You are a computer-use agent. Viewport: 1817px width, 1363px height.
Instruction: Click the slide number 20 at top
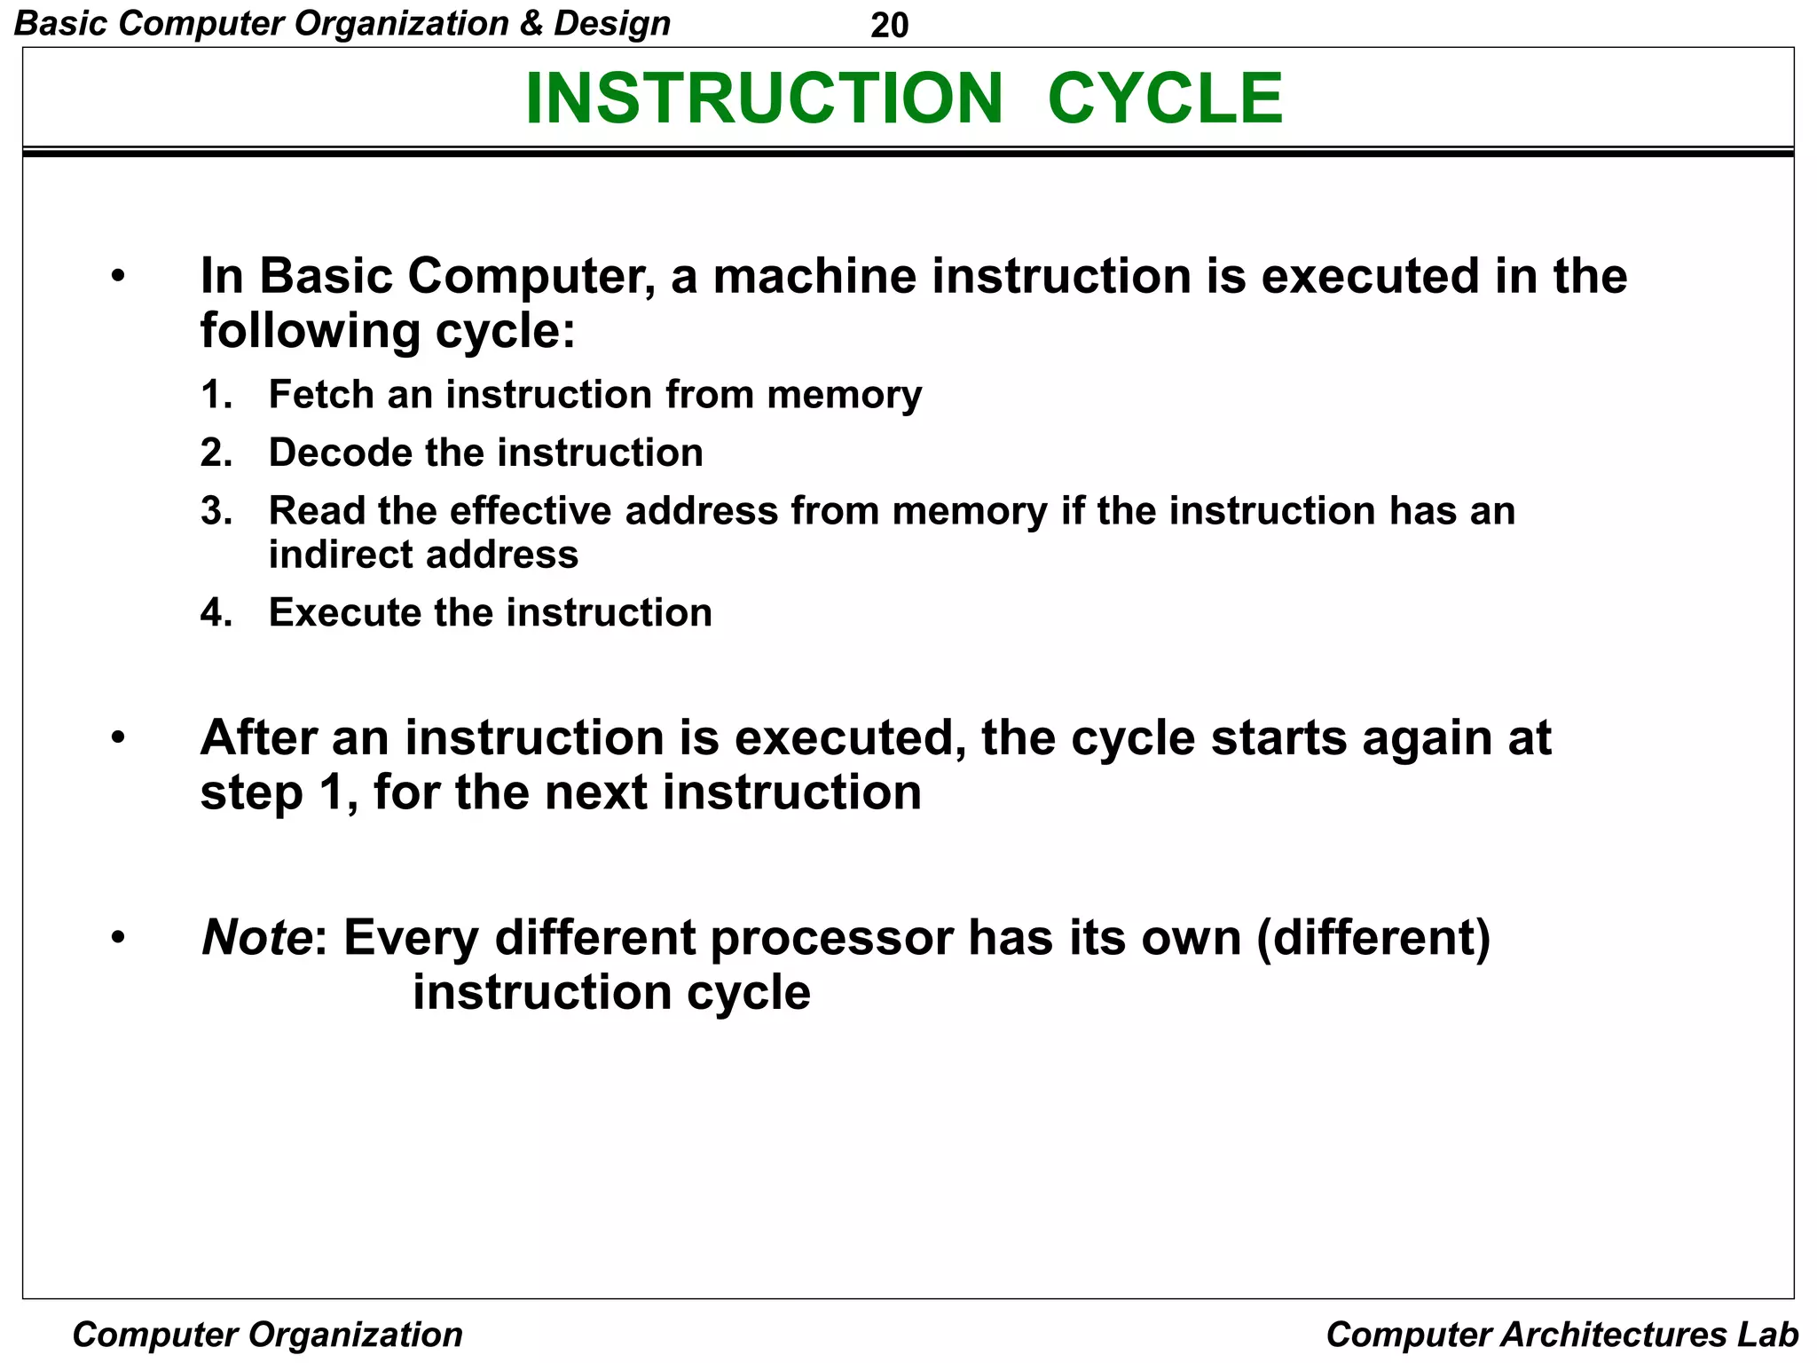click(889, 25)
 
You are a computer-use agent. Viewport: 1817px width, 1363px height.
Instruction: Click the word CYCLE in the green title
click(1165, 98)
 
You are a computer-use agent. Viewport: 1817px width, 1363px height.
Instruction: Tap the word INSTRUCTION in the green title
click(764, 98)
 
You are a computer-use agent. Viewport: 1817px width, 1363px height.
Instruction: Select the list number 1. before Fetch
click(216, 395)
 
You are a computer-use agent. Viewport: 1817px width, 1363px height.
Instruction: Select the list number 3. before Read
click(216, 511)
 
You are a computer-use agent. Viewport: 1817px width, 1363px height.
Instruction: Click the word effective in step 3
click(531, 511)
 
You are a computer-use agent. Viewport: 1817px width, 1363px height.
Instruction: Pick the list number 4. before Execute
click(216, 613)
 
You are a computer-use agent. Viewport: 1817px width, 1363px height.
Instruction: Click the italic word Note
click(256, 937)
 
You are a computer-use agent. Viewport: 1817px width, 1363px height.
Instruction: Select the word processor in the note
click(831, 939)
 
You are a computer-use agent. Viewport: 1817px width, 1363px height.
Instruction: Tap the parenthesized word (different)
click(1373, 939)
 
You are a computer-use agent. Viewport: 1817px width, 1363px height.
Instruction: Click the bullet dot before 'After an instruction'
click(118, 737)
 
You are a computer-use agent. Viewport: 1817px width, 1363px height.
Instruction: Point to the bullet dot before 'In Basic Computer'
click(118, 276)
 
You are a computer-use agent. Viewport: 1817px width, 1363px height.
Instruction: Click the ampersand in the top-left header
click(531, 23)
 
